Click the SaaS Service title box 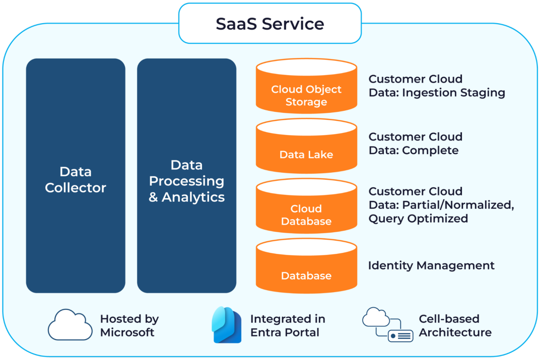tap(270, 24)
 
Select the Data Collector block tap(76, 176)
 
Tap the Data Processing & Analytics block tap(186, 176)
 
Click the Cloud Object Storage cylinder tap(306, 92)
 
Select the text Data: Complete tap(413, 150)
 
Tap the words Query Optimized tap(418, 219)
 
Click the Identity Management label tap(431, 265)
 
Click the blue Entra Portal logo tap(226, 325)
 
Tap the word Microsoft tap(127, 333)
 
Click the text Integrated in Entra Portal tap(287, 326)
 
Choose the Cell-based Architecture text tap(455, 326)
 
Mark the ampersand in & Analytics tap(153, 197)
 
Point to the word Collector tap(76, 188)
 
